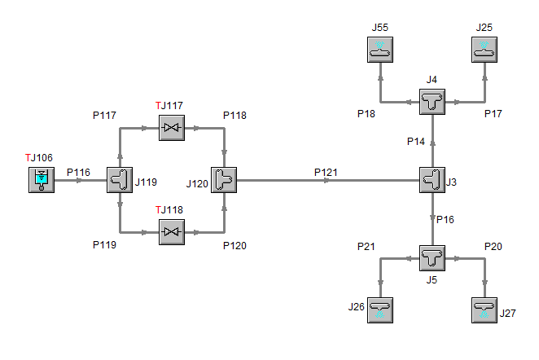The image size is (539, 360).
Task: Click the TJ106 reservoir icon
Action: point(41,180)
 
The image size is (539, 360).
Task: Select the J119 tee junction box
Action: point(120,180)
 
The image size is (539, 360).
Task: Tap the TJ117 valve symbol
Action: point(172,128)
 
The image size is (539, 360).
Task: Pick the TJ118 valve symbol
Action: point(172,233)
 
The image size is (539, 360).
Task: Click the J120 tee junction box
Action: point(223,180)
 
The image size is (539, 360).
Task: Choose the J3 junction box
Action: point(432,180)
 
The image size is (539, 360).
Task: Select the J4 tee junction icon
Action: point(432,103)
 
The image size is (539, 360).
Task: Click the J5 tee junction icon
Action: point(432,258)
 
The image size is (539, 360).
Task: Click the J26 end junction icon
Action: point(380,310)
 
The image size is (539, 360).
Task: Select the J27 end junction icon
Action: point(484,310)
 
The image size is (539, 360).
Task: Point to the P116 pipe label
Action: point(78,172)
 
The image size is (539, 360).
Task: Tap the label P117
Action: point(106,115)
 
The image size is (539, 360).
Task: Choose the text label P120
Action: point(236,244)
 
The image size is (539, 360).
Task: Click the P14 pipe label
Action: point(416,142)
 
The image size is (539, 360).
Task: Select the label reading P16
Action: point(445,219)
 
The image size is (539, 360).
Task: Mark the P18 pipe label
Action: point(367,113)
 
